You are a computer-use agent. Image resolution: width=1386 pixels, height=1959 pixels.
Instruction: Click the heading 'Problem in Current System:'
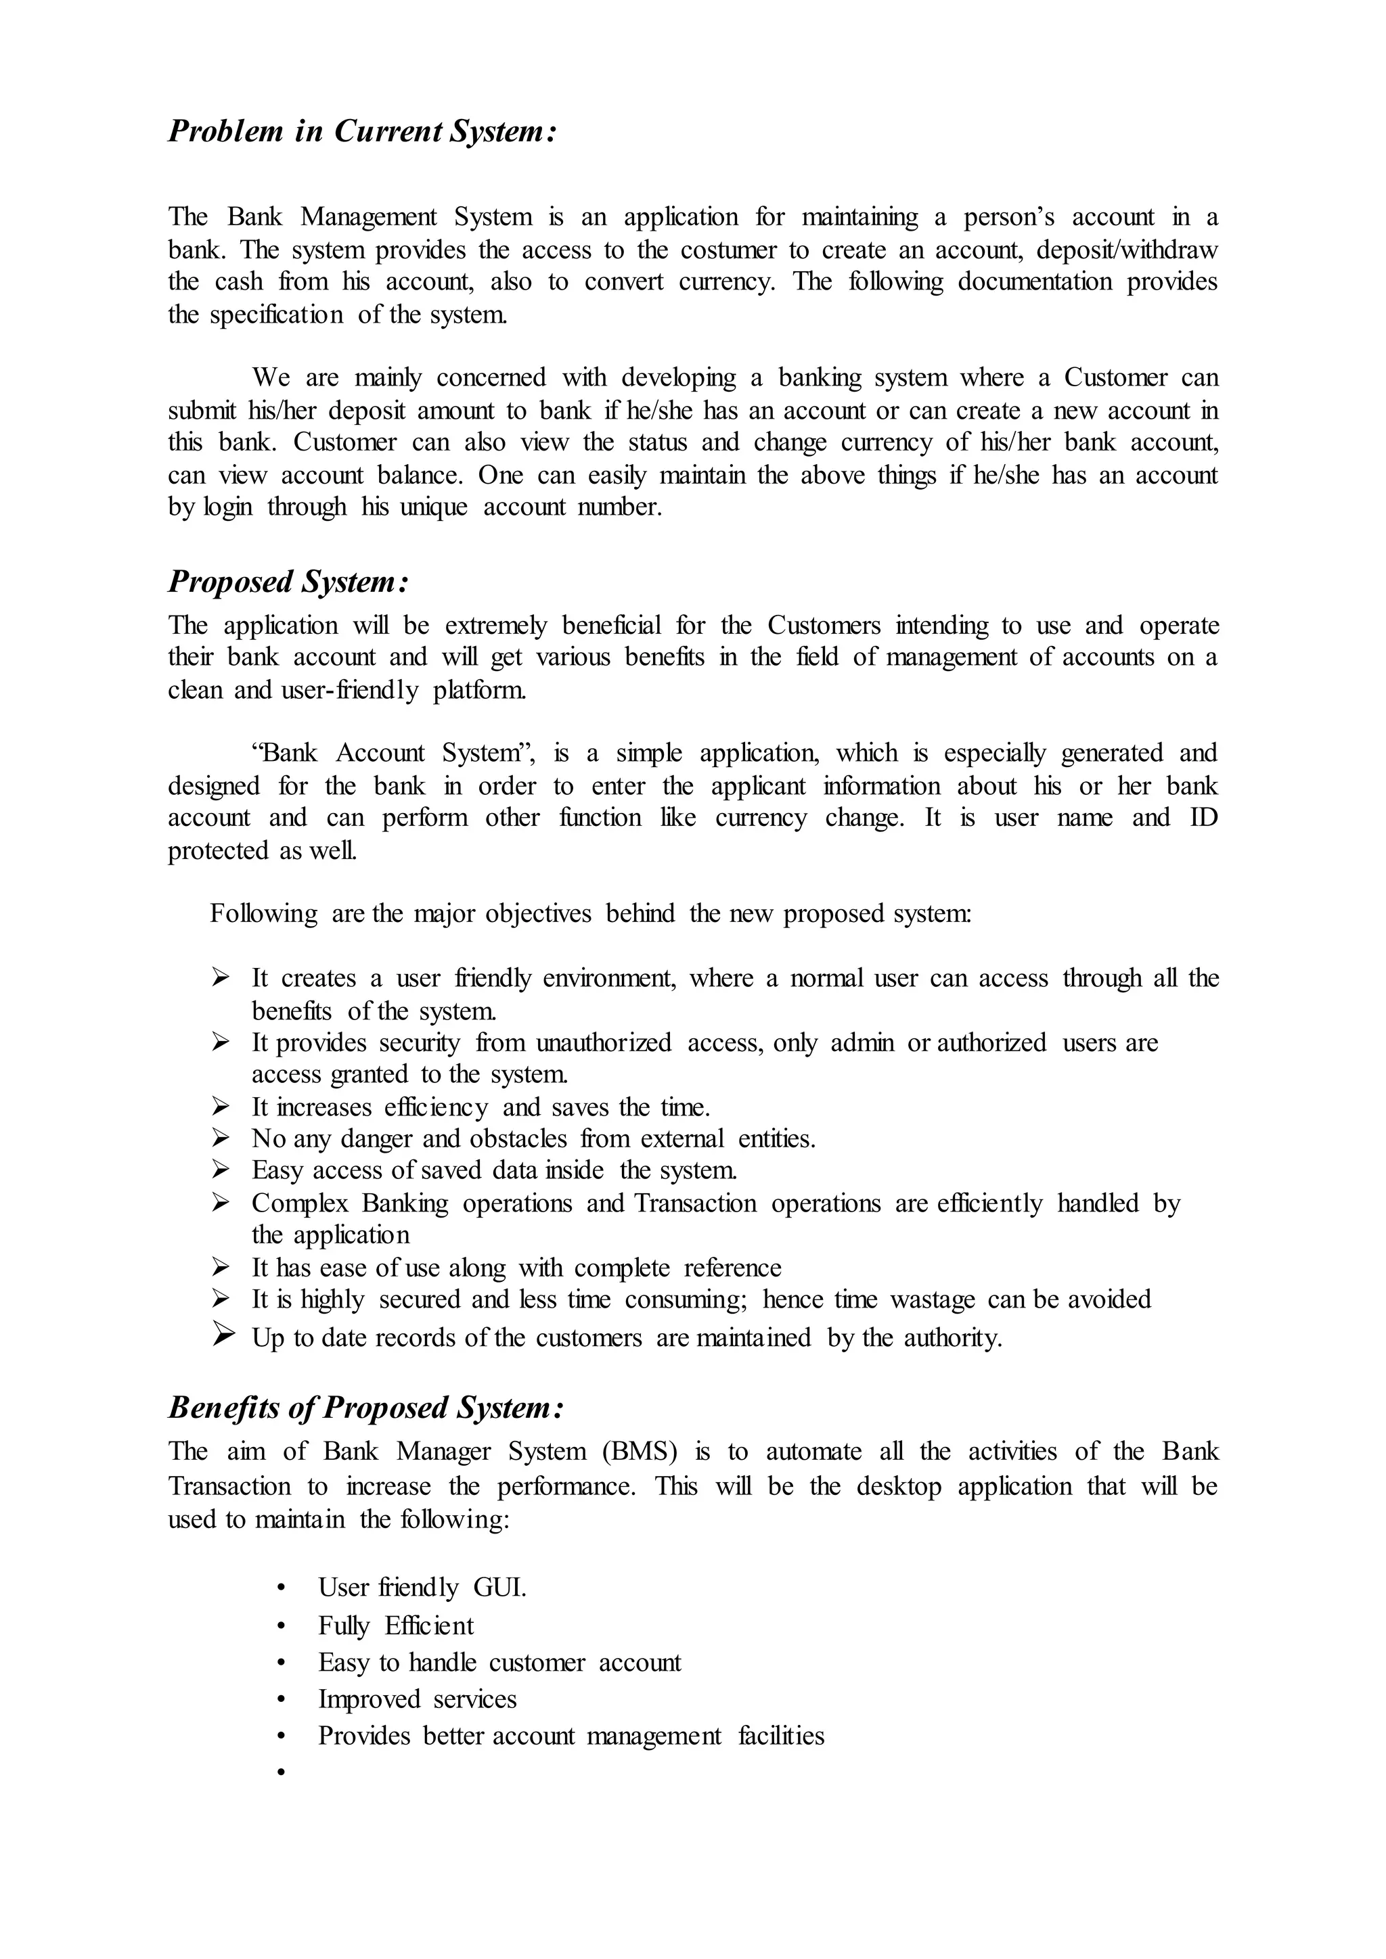point(363,131)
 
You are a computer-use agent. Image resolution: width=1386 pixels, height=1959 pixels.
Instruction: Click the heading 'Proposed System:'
point(288,582)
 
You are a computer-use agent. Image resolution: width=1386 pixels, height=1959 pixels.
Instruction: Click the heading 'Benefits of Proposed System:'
point(366,1408)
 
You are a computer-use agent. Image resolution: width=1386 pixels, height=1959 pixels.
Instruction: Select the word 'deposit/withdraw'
point(1127,250)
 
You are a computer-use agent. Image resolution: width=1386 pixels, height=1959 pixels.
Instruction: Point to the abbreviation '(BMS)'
point(640,1452)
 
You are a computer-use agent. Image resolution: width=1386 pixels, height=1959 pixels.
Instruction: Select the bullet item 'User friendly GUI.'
point(422,1588)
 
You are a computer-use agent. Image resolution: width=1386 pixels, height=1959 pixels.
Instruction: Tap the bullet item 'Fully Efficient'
point(395,1626)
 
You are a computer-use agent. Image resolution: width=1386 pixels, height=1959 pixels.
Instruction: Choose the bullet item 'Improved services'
point(418,1700)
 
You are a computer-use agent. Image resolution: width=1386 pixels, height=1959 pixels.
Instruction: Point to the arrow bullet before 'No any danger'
point(221,1138)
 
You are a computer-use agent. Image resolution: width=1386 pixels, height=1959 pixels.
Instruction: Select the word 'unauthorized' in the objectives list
point(604,1042)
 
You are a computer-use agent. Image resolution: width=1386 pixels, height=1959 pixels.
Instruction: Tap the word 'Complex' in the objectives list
point(300,1203)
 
